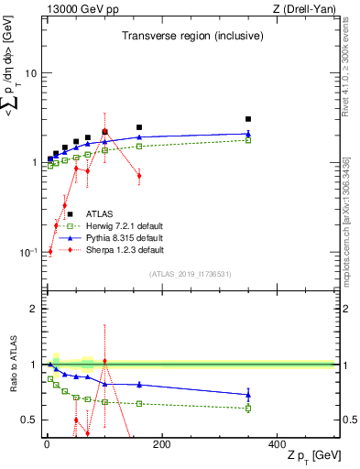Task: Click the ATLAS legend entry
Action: point(86,214)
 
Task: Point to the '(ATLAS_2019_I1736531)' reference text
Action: point(191,274)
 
